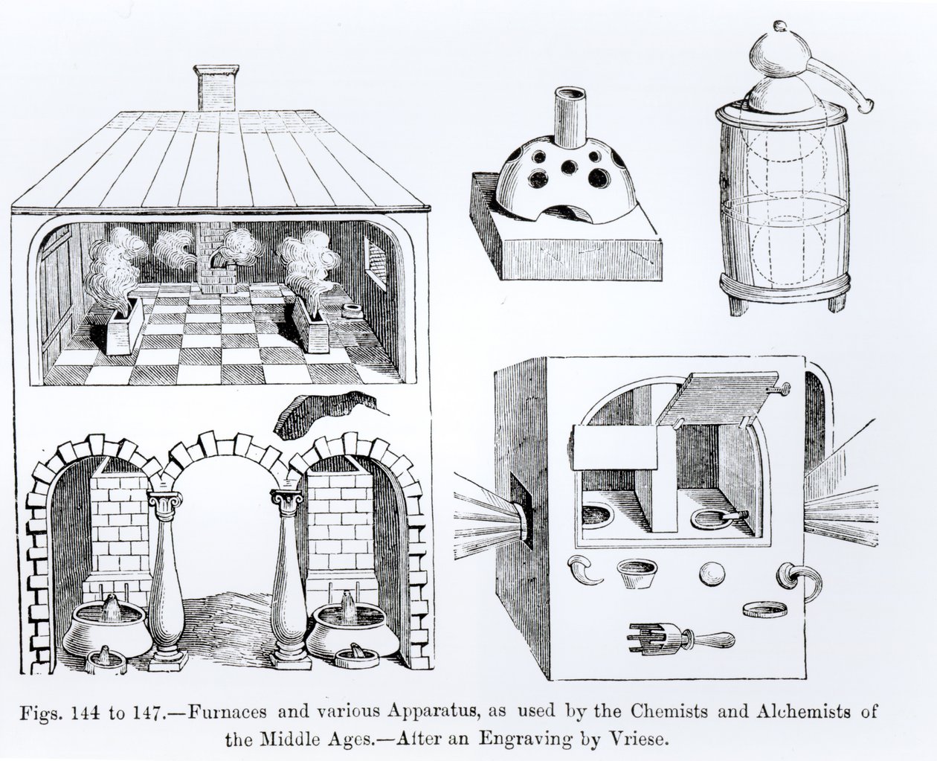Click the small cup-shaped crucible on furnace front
coord(636,574)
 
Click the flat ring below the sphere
coord(764,610)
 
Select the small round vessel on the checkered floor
coord(352,310)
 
